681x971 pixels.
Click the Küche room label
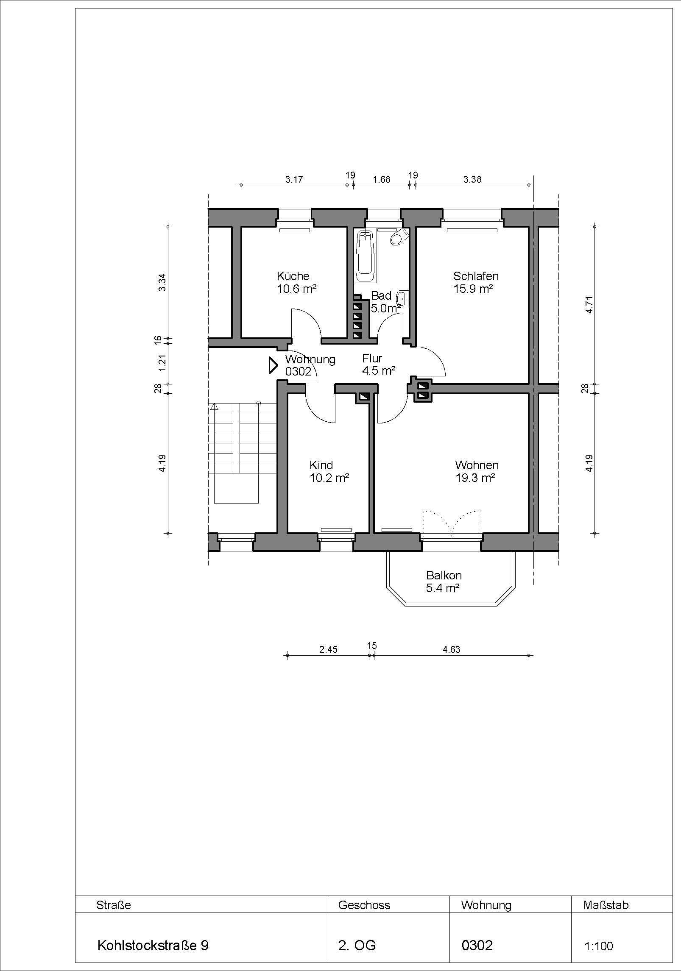(x=297, y=282)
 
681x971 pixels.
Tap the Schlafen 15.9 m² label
(x=475, y=282)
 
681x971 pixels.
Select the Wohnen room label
(x=477, y=471)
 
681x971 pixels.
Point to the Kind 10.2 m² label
(x=329, y=471)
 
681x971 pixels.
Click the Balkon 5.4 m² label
(x=444, y=581)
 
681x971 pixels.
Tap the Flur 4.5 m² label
(x=379, y=364)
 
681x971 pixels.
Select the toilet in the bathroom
(x=399, y=237)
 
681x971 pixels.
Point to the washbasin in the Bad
(x=403, y=298)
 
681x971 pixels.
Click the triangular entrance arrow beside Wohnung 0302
(x=273, y=365)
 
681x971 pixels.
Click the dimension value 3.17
(x=294, y=179)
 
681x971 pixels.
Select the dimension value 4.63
(x=452, y=649)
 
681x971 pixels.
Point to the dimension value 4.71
(x=589, y=304)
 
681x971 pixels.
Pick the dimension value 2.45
(x=328, y=649)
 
